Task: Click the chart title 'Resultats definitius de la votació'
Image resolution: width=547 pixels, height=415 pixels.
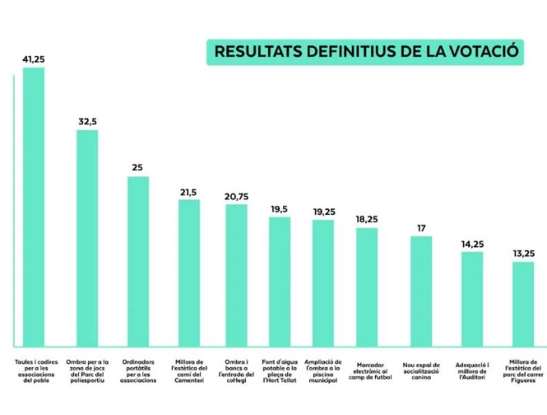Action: tap(365, 51)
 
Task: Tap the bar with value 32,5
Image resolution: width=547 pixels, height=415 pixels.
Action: tap(87, 237)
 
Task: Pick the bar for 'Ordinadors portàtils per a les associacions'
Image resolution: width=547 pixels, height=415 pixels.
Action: tap(138, 260)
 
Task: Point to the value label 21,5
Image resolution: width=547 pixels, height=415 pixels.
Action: tap(188, 192)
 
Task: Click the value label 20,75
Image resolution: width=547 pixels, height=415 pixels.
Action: tap(236, 197)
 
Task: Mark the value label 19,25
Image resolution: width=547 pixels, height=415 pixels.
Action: tap(324, 212)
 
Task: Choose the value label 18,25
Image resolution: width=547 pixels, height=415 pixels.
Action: tap(367, 220)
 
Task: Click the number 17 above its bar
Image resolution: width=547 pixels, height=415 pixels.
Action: tap(421, 228)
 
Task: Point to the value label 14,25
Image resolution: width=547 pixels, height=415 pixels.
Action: tap(472, 243)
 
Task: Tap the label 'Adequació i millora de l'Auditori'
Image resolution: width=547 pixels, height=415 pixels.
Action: tap(472, 371)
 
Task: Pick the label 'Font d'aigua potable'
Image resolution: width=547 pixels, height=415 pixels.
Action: tap(280, 371)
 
